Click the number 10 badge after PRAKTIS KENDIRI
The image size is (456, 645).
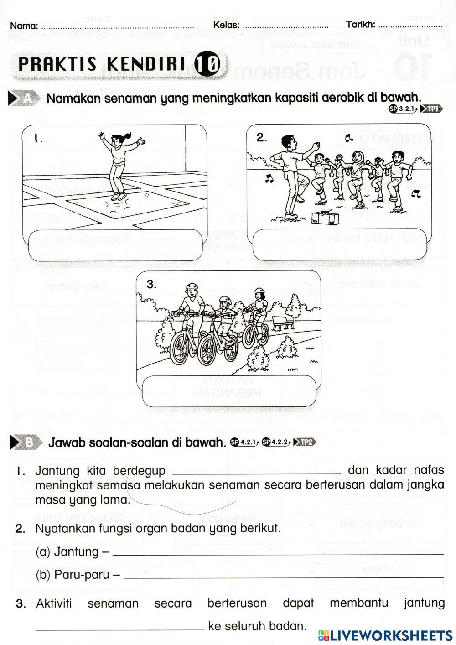[x=207, y=64]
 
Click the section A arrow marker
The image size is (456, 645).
[x=25, y=98]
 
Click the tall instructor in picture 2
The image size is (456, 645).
[x=290, y=176]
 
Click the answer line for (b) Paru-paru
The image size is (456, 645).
[x=283, y=575]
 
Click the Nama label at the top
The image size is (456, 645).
[x=24, y=26]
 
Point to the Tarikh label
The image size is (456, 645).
[x=361, y=25]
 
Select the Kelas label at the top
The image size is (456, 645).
[x=226, y=25]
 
